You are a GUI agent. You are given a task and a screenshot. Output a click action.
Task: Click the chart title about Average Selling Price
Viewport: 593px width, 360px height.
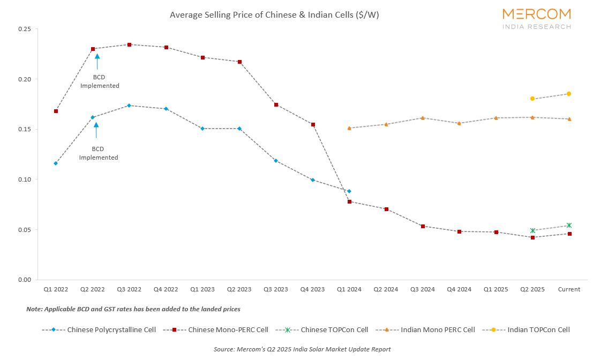[274, 15]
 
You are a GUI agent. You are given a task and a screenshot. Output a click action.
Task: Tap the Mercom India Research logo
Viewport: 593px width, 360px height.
[536, 18]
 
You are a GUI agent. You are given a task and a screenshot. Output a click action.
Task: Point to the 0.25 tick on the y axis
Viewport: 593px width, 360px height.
[24, 29]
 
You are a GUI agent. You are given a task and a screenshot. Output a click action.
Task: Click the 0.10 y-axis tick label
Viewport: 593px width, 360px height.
[24, 179]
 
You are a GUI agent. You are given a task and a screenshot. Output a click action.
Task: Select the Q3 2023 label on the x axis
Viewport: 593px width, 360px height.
[275, 289]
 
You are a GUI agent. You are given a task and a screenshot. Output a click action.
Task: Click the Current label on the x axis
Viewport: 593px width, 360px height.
[569, 289]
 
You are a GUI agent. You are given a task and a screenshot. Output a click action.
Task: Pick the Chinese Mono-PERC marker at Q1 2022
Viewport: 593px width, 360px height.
[56, 111]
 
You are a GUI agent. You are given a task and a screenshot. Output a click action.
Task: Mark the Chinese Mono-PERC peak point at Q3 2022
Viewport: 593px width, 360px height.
[129, 44]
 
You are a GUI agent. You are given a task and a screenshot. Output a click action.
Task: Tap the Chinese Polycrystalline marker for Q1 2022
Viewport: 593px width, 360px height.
[56, 163]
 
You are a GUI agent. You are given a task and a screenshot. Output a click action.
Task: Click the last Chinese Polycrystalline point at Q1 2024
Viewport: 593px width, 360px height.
[349, 191]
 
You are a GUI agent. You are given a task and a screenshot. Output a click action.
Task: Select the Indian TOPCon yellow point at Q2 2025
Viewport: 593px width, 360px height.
[532, 99]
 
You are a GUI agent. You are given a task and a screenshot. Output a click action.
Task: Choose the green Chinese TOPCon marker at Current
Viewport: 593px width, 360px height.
[569, 226]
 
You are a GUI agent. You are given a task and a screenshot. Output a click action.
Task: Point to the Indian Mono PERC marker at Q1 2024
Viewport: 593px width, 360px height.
[349, 128]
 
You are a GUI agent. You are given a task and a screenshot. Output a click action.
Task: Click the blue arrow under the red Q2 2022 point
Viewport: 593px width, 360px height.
[97, 61]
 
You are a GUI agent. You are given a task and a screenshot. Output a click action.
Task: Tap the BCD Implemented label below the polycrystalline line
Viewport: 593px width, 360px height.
[99, 153]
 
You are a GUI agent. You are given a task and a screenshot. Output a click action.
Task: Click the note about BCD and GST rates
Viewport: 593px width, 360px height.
[133, 310]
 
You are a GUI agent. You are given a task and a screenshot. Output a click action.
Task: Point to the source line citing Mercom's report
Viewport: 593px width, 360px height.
[302, 349]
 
